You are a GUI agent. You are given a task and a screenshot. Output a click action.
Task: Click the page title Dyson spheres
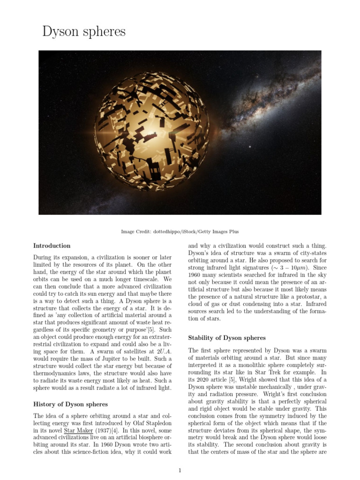(84, 31)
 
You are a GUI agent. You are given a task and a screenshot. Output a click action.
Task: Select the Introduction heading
(52, 246)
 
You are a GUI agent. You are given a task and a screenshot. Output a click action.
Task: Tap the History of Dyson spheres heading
(70, 404)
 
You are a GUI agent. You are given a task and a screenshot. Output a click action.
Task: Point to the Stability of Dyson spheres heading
(227, 337)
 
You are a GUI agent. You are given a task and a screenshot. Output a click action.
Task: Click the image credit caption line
(180, 232)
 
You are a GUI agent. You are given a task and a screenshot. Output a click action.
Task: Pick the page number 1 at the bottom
(180, 471)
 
